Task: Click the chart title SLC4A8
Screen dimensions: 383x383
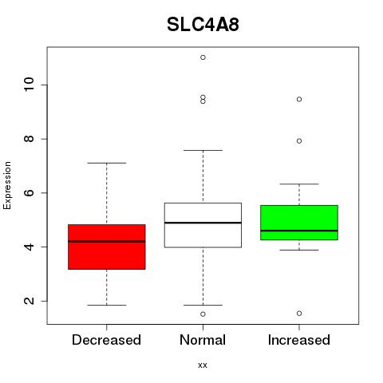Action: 203,25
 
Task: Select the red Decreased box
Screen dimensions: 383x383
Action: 107,247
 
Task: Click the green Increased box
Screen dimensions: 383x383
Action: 299,223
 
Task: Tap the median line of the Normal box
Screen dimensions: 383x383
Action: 203,223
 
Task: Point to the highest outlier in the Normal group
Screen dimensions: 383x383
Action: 203,57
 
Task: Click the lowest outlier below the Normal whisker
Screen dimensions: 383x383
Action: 203,314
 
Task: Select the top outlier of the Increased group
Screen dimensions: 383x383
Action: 299,99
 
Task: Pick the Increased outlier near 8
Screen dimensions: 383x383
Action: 299,141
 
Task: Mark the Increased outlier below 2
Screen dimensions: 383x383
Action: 299,314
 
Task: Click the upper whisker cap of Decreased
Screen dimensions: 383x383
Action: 107,163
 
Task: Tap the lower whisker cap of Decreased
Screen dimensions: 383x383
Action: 107,305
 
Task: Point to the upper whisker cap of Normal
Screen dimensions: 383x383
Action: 203,150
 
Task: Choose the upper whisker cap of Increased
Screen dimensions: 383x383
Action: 299,184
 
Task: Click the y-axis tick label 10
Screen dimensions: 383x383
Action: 29,85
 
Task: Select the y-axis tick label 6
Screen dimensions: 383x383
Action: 29,192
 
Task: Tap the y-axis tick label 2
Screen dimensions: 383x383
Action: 29,301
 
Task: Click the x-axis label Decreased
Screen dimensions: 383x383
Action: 106,340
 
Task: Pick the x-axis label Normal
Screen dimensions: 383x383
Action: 203,340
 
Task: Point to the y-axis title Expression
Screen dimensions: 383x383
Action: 7,185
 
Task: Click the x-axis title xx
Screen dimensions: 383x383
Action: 203,365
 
